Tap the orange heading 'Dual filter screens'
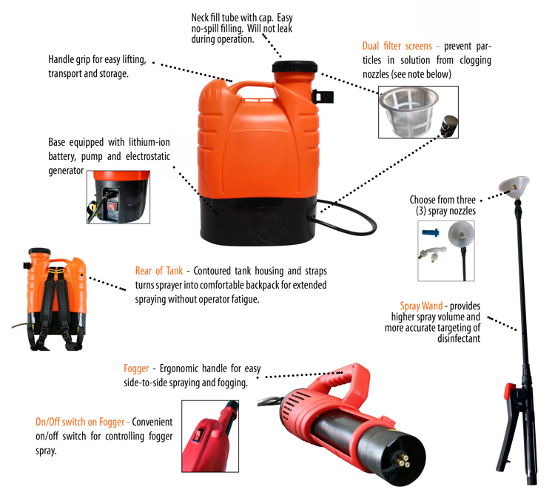click(395, 47)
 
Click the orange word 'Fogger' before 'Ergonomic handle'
click(138, 368)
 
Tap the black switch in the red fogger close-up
click(199, 437)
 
